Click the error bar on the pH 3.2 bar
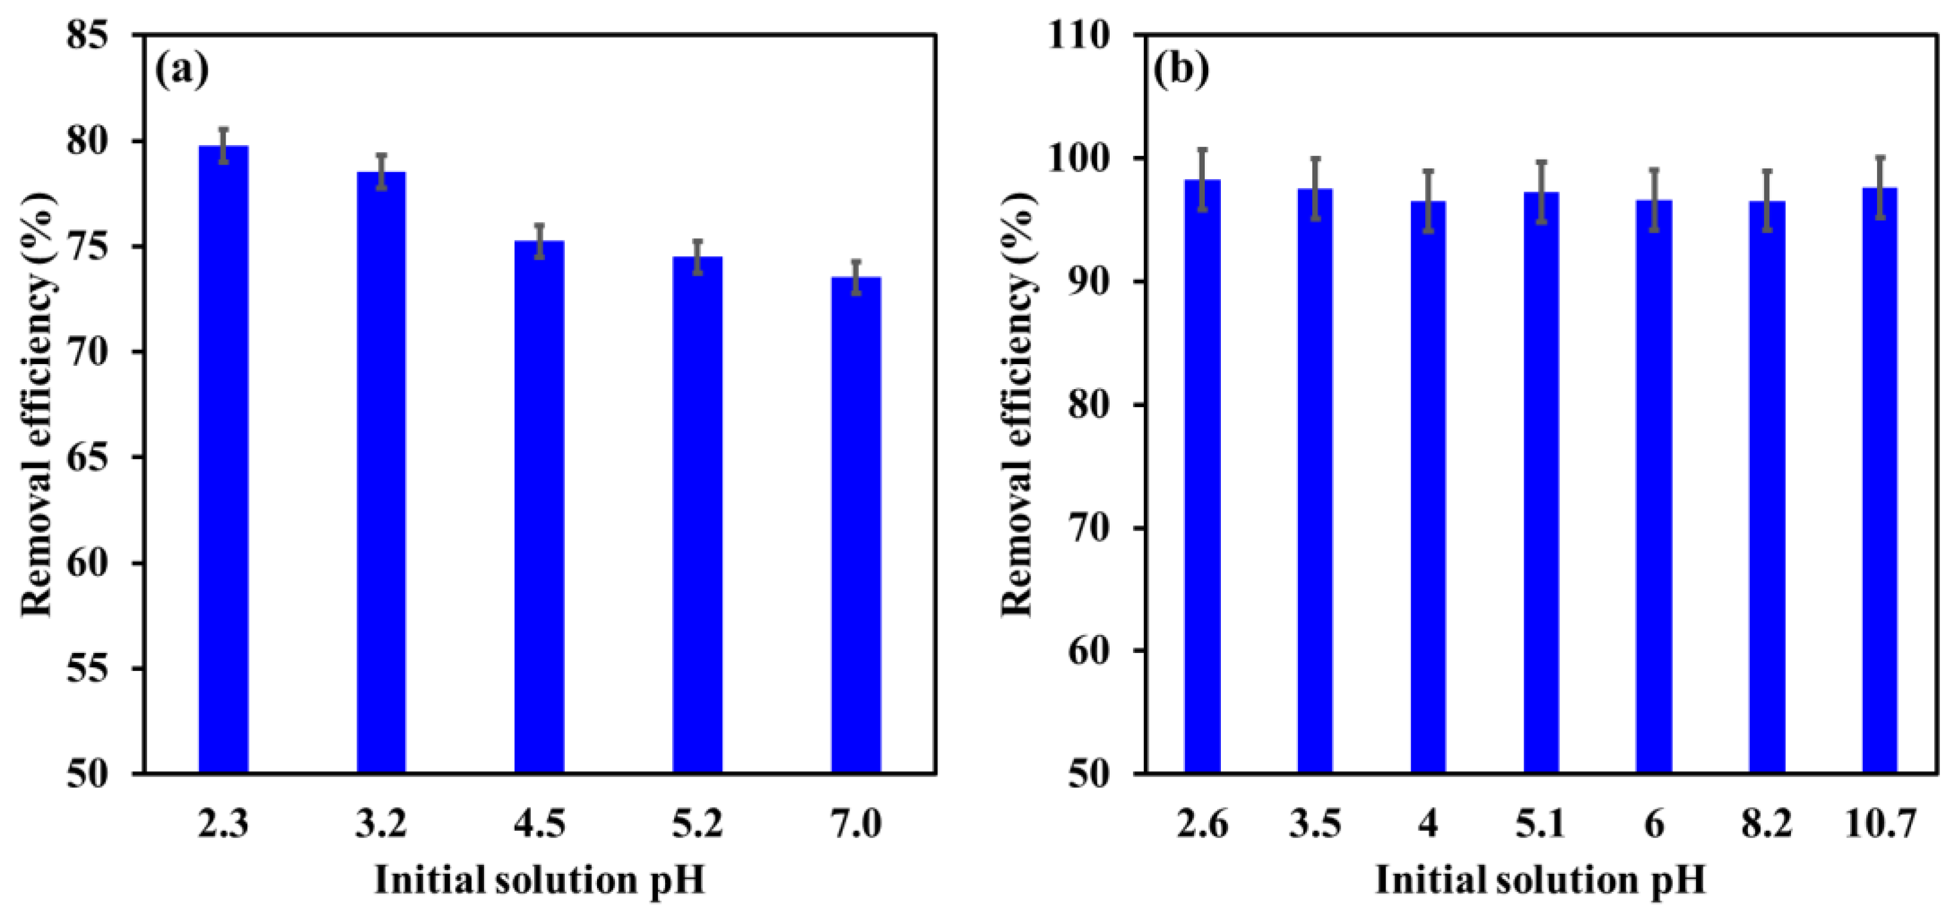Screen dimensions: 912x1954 click(x=381, y=171)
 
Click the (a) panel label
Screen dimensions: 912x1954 click(x=181, y=70)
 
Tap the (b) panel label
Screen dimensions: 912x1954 click(x=1180, y=70)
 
